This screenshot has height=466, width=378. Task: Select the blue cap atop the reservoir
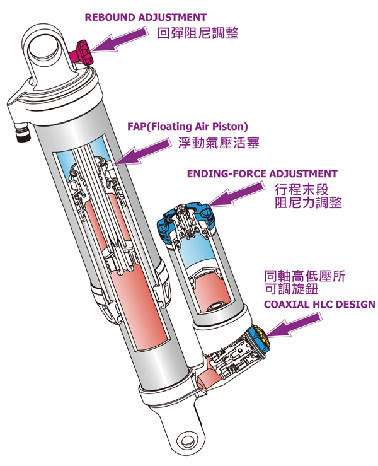tap(186, 221)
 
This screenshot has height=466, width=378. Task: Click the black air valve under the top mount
tap(23, 134)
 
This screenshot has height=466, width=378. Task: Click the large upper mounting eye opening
tap(43, 47)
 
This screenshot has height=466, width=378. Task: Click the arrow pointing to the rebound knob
tap(118, 40)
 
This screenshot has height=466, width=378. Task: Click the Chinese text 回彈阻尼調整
tap(198, 33)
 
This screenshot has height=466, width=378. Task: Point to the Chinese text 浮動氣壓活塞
tap(219, 143)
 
